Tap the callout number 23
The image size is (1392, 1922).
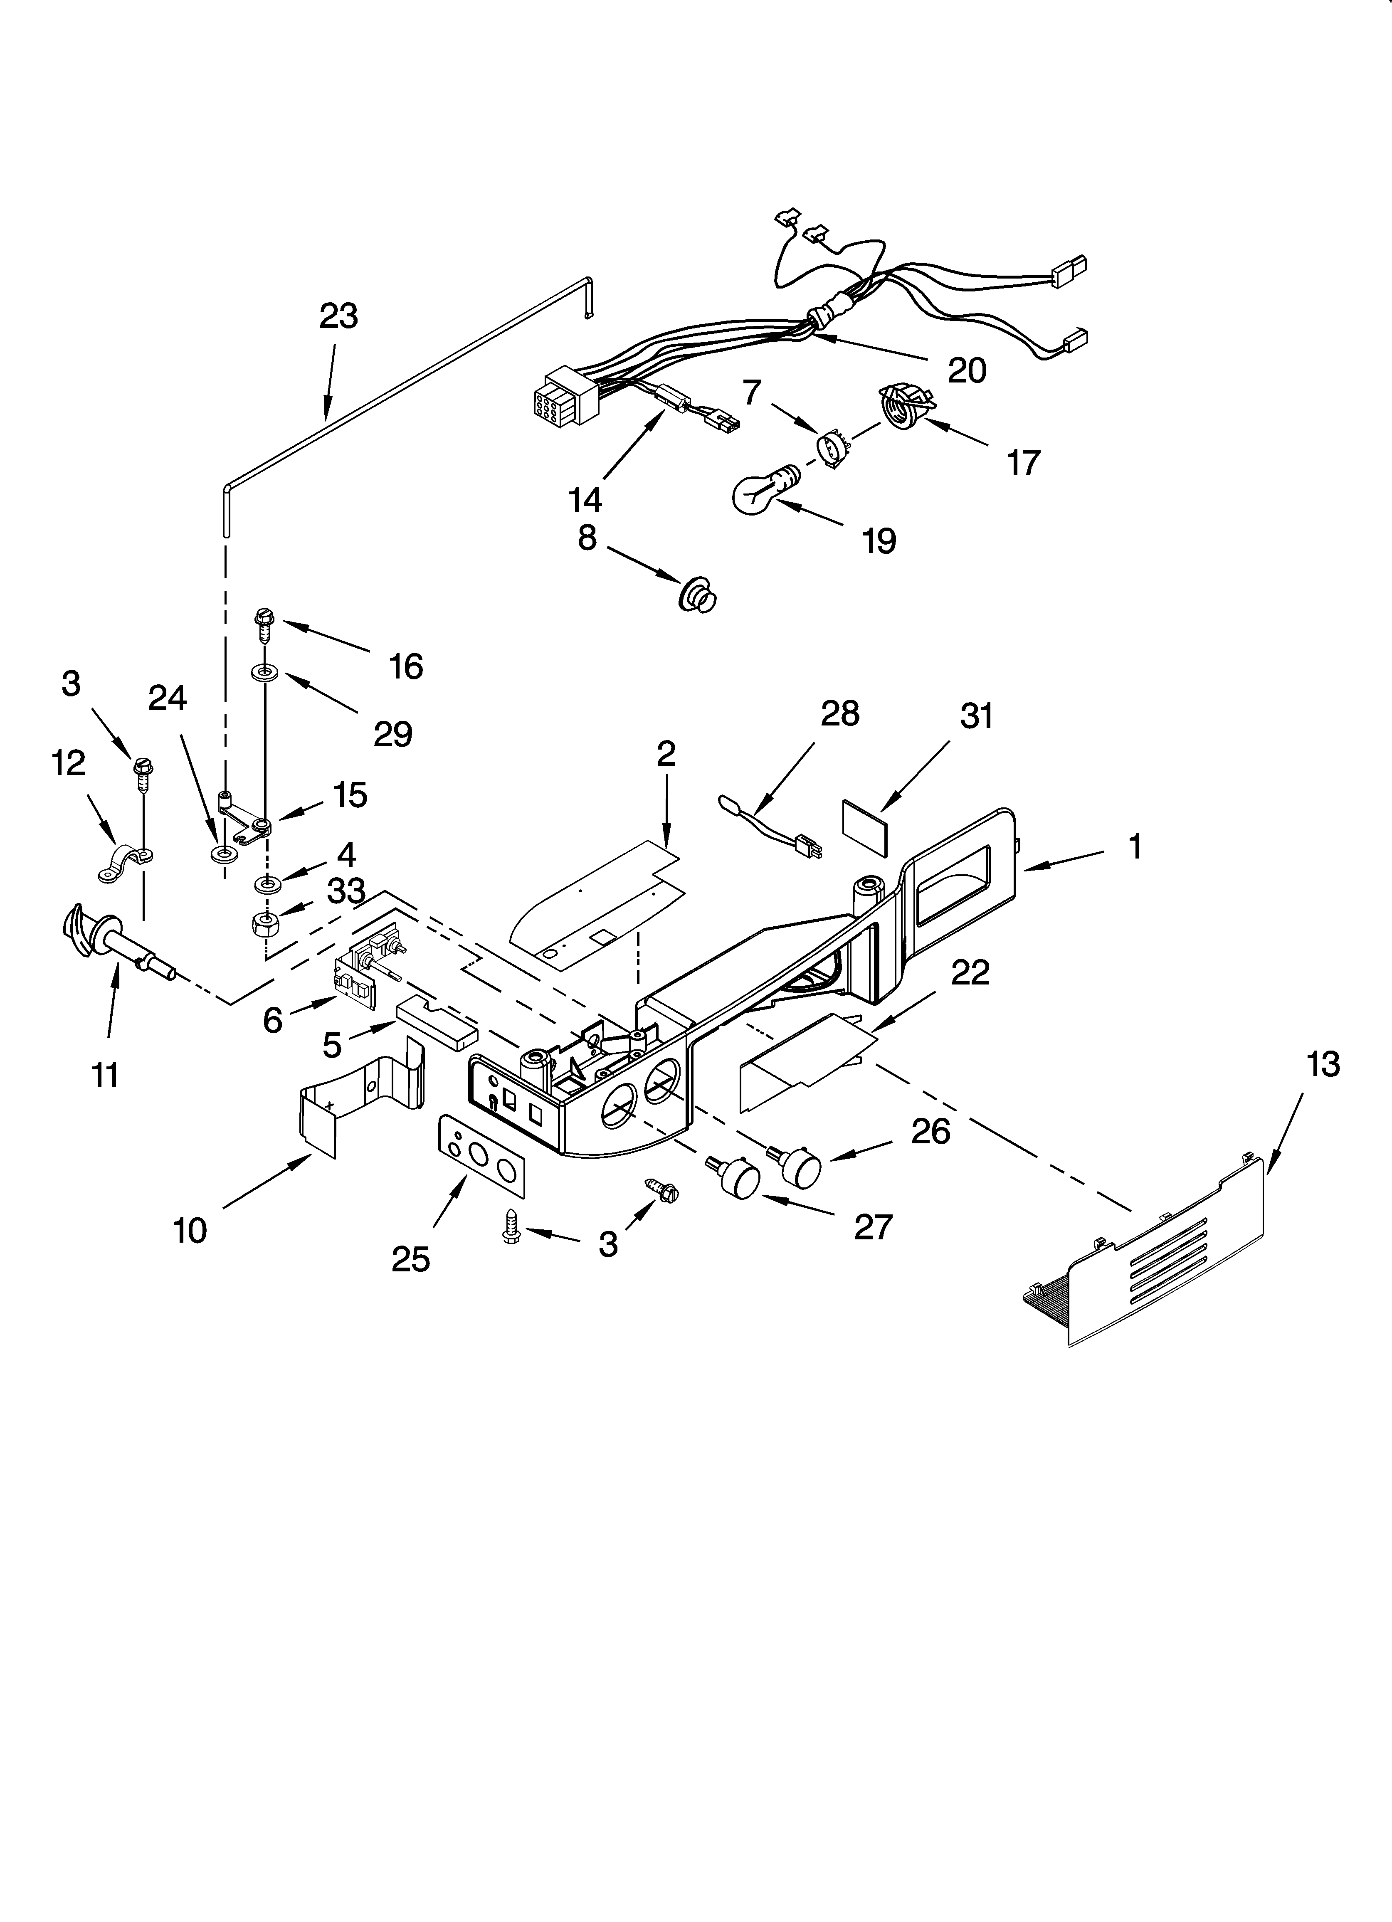[338, 316]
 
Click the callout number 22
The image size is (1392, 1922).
[970, 973]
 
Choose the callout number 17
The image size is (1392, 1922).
[1023, 463]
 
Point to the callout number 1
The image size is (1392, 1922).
[1134, 846]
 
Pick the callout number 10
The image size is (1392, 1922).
[190, 1231]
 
